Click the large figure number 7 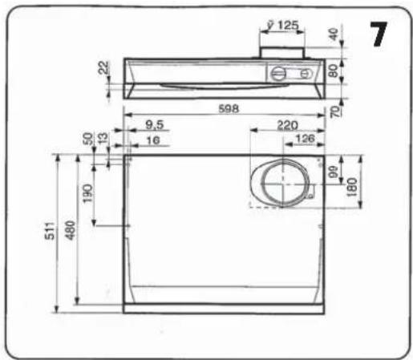point(379,34)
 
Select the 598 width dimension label point(229,109)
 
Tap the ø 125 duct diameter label point(283,26)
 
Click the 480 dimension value point(71,230)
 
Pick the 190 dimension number point(87,193)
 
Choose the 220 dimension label point(287,125)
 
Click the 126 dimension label point(305,139)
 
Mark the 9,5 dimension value point(154,125)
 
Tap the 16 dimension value point(153,140)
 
